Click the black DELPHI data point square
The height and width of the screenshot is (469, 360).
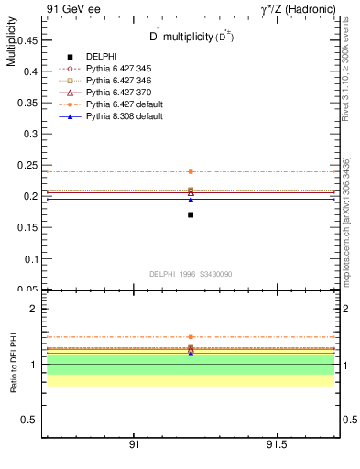tap(191, 214)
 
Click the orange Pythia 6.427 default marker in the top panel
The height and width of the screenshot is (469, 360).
tap(191, 171)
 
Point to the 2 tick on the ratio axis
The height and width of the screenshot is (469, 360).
tap(34, 310)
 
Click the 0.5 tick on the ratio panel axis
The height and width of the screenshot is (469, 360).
tap(31, 420)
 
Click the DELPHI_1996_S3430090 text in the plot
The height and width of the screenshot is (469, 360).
tap(191, 274)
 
